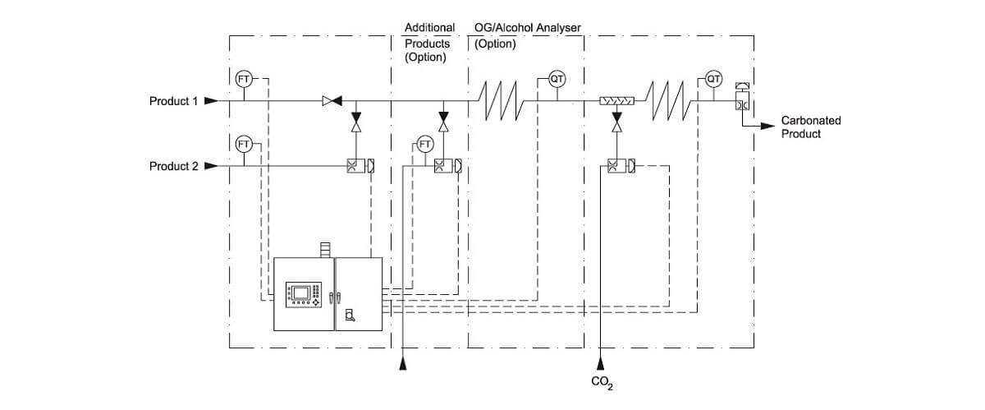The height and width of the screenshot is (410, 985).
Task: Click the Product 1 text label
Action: pyautogui.click(x=173, y=102)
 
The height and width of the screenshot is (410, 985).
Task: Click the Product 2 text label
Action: pyautogui.click(x=173, y=166)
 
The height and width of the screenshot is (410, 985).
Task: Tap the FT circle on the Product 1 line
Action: pyautogui.click(x=244, y=79)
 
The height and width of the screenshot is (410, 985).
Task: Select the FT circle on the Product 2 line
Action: pyautogui.click(x=244, y=144)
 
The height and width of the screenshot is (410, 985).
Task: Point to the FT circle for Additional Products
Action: pyautogui.click(x=425, y=144)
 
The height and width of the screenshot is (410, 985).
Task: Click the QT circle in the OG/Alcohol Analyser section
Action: pyautogui.click(x=557, y=79)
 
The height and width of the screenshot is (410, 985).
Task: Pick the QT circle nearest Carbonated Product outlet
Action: pyautogui.click(x=713, y=79)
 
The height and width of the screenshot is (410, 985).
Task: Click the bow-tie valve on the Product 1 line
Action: pyautogui.click(x=332, y=101)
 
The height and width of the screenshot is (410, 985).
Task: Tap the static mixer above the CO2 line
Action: pyautogui.click(x=616, y=102)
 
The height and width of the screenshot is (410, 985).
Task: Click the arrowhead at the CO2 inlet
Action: pyautogui.click(x=602, y=362)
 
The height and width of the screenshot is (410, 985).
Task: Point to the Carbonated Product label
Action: pyautogui.click(x=810, y=127)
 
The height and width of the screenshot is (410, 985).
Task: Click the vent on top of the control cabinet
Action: pyautogui.click(x=324, y=247)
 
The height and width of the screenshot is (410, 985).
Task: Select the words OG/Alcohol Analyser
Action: pyautogui.click(x=527, y=28)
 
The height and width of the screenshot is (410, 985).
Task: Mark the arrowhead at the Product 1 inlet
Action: pyautogui.click(x=211, y=102)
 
